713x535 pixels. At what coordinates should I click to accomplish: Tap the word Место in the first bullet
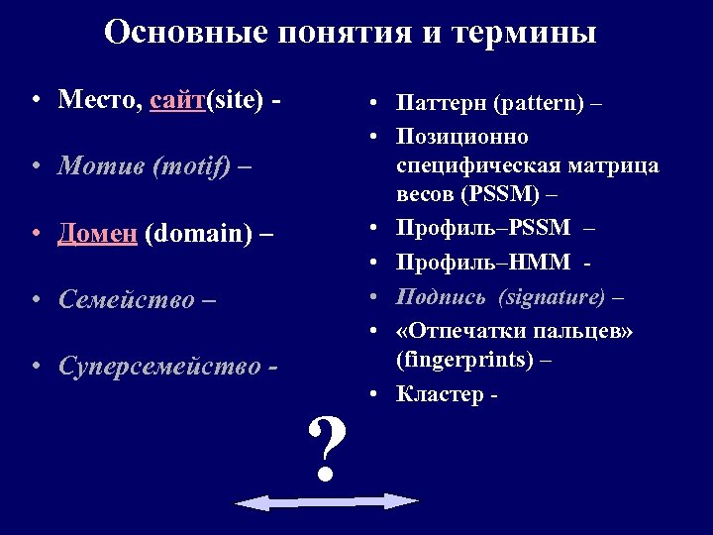click(99, 100)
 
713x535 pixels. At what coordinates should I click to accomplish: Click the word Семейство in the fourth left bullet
click(123, 299)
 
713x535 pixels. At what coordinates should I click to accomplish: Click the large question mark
click(328, 447)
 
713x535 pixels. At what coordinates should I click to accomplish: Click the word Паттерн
click(441, 103)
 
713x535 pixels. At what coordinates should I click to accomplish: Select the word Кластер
click(437, 394)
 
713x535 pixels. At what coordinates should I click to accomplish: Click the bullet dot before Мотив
click(36, 167)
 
